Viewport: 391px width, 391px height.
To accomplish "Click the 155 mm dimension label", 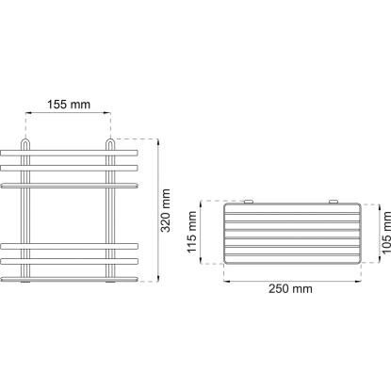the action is coord(69,105).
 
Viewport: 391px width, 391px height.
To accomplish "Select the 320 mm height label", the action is coord(165,210).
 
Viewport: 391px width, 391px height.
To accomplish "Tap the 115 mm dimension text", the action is coord(191,232).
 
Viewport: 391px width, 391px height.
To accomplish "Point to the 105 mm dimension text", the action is coord(385,232).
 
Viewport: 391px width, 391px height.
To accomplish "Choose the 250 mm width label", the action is coord(290,288).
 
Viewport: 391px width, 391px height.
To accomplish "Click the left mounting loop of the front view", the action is coord(25,144).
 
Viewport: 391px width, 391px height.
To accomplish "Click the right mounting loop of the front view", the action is coord(110,144).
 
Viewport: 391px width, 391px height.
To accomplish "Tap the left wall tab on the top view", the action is coord(249,202).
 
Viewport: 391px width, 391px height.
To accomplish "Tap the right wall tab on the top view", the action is coord(334,202).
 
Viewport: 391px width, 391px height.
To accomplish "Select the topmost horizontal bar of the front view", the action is coord(69,153).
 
